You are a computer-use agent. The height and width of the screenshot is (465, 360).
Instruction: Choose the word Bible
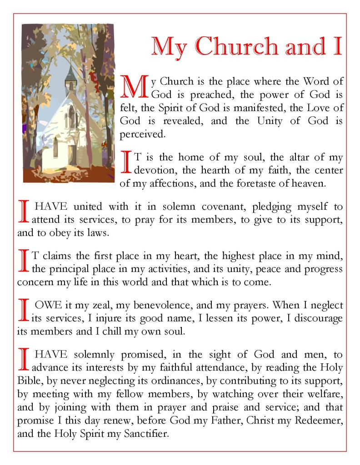coord(28,381)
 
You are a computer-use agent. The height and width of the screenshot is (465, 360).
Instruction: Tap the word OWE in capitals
coord(47,305)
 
